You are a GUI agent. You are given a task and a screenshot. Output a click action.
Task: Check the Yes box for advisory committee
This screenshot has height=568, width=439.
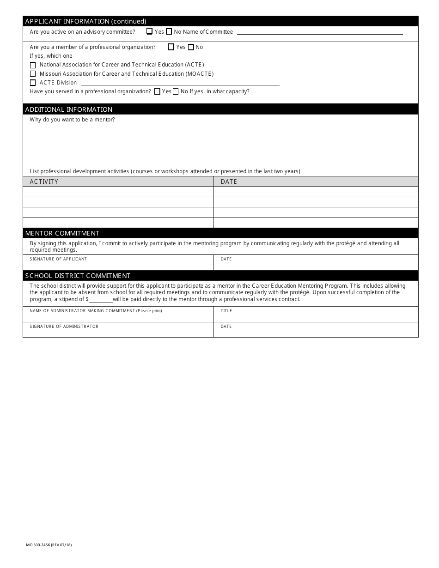tap(149, 31)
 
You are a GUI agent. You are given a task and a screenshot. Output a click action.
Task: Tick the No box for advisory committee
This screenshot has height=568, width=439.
tap(169, 32)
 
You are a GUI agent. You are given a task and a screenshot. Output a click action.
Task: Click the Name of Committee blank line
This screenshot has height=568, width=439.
tap(319, 32)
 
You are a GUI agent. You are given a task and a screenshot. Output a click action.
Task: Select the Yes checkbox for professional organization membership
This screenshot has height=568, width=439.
tap(171, 47)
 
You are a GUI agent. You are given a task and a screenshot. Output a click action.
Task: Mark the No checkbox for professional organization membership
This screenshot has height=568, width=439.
tap(191, 47)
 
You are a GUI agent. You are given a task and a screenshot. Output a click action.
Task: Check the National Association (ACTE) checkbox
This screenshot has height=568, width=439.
tap(33, 65)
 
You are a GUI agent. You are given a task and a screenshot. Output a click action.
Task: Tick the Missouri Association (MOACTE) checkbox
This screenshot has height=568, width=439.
tap(33, 74)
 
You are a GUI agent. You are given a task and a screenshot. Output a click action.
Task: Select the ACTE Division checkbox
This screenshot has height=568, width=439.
tap(33, 83)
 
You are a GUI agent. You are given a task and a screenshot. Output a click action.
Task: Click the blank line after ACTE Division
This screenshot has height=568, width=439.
tap(180, 83)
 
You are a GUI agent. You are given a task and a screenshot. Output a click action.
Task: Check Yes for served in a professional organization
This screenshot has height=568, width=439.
tap(157, 91)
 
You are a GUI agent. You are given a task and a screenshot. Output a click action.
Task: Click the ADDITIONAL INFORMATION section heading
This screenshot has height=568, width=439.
tap(69, 109)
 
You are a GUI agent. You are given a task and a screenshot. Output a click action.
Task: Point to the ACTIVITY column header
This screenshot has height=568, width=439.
tap(44, 181)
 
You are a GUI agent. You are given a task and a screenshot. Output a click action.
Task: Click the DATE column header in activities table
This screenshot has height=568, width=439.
tap(229, 181)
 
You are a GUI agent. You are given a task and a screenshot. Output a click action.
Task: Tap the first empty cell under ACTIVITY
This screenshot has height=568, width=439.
tap(118, 192)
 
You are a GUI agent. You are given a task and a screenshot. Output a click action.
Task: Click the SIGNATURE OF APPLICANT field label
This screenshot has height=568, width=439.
tap(58, 259)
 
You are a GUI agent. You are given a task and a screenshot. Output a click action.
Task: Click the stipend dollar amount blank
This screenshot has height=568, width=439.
tap(100, 299)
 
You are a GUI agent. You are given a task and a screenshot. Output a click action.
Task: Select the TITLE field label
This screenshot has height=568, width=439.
tap(226, 311)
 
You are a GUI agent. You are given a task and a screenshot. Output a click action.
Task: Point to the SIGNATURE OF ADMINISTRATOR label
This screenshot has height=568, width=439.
tap(64, 326)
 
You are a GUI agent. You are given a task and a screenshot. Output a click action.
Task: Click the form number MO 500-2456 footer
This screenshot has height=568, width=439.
tap(49, 545)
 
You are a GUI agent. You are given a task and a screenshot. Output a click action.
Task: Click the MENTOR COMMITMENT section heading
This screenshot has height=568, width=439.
tap(62, 233)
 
